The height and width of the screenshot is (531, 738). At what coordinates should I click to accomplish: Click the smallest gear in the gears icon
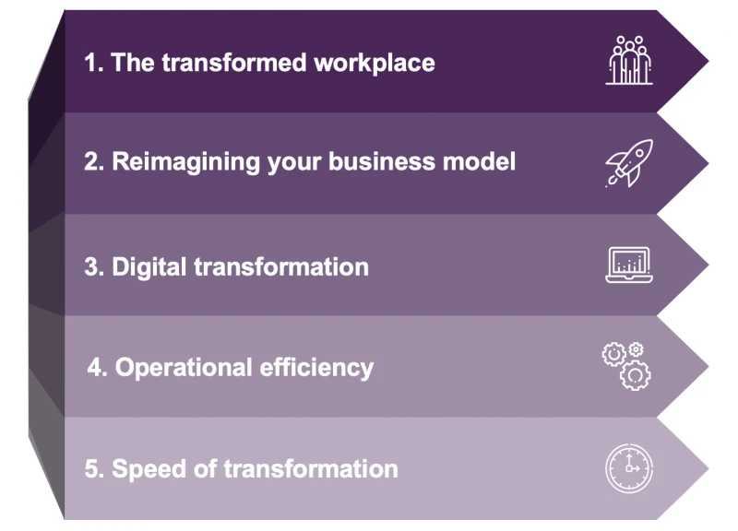pos(636,349)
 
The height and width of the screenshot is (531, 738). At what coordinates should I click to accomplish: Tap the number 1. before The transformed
pos(93,63)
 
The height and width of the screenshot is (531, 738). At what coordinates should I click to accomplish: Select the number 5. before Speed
pos(93,468)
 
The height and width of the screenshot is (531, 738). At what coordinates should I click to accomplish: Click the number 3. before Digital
pos(93,267)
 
